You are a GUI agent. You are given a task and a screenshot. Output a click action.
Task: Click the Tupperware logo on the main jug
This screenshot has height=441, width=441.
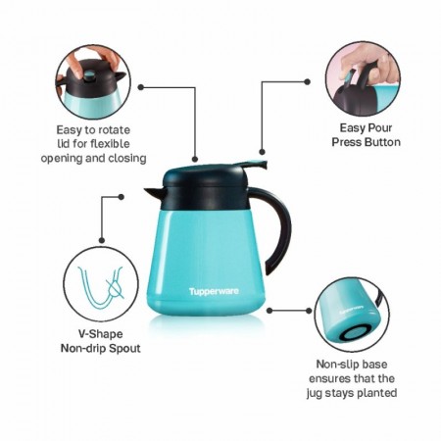click(x=214, y=291)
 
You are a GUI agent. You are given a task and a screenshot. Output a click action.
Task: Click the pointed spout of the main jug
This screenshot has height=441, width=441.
click(x=154, y=193)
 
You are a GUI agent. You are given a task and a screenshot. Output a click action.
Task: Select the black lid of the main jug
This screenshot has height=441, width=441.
click(x=205, y=187)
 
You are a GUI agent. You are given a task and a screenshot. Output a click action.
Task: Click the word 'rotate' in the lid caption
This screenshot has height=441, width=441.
click(x=112, y=130)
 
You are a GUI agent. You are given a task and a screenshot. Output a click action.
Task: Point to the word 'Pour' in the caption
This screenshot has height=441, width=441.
click(x=379, y=127)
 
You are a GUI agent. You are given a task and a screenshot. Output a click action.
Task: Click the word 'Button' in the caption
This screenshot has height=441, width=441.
click(x=382, y=142)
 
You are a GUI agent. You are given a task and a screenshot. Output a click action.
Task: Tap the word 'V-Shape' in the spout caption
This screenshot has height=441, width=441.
click(x=101, y=334)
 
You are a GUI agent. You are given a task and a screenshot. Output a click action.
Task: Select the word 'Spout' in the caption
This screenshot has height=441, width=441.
click(x=124, y=348)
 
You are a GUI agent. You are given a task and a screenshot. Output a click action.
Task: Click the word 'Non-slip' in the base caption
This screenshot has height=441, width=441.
click(x=335, y=364)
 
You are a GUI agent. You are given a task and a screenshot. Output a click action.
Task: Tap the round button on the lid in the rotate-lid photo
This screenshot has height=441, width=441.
click(x=89, y=76)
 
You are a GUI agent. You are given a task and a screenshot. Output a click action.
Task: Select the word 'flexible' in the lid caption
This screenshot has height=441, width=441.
click(x=110, y=144)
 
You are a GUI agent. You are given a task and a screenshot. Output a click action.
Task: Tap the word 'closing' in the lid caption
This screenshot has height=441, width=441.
click(x=127, y=159)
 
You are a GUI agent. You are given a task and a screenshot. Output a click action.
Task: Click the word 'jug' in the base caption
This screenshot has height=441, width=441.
click(x=314, y=393)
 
